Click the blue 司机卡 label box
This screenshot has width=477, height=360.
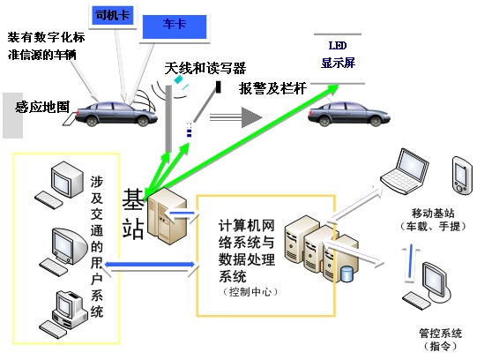[x=113, y=15]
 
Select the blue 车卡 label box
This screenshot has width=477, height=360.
[x=175, y=26]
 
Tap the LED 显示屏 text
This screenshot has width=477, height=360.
[x=338, y=55]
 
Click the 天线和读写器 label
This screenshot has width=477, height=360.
[x=205, y=68]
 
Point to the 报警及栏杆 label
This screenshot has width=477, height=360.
[x=272, y=88]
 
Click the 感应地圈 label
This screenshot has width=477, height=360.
[x=42, y=107]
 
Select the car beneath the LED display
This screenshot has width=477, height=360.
[x=348, y=114]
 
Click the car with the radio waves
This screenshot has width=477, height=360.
[x=116, y=114]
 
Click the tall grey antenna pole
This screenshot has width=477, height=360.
[x=168, y=118]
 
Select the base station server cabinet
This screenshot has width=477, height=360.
[x=167, y=216]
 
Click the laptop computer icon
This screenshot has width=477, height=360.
[x=405, y=171]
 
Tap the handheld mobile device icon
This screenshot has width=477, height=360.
[x=462, y=176]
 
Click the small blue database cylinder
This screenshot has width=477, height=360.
[x=347, y=274]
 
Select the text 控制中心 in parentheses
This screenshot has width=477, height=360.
[x=250, y=292]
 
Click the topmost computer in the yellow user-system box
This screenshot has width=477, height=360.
[x=59, y=185]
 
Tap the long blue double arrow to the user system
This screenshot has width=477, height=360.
[x=149, y=265]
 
